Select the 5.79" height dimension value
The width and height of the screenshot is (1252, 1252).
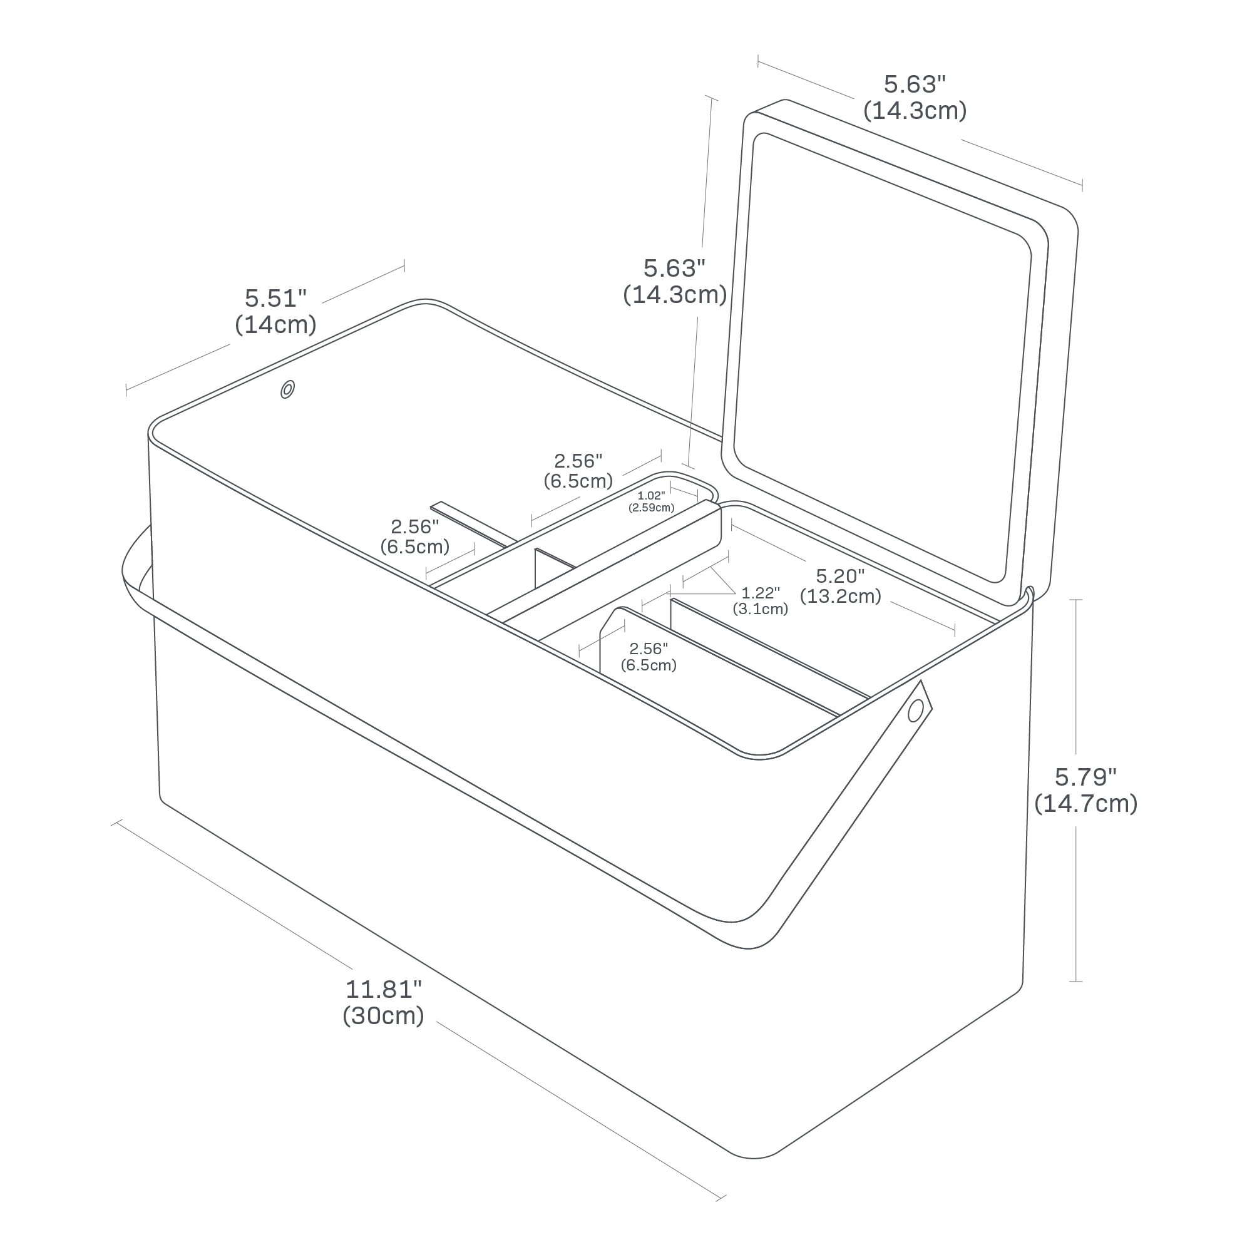[x=1085, y=777]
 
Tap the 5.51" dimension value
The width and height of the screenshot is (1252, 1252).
[x=275, y=298]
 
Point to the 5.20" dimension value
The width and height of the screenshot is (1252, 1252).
[x=841, y=575]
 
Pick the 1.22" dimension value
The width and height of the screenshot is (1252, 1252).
[x=761, y=593]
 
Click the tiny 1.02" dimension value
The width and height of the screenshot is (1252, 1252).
[x=650, y=496]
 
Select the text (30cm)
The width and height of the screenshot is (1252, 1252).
[x=384, y=1015]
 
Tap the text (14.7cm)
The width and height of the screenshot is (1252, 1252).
[x=1085, y=804]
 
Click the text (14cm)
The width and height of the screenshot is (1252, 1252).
[x=275, y=325]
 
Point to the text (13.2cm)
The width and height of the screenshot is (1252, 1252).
[x=841, y=596]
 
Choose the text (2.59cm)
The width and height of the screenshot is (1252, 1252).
[x=651, y=508]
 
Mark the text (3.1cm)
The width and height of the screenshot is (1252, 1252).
[x=761, y=609]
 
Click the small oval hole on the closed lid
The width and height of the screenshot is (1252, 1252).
[x=288, y=389]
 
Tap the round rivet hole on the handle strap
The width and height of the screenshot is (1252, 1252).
[x=915, y=713]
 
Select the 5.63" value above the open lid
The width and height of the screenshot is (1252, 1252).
[x=915, y=85]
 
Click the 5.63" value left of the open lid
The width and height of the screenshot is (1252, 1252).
[x=674, y=269]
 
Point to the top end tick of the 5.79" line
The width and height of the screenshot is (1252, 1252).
[x=1076, y=600]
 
